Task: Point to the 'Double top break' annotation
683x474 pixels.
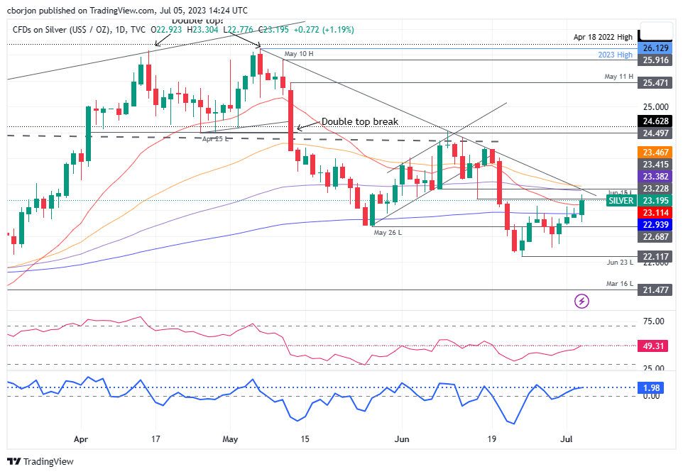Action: click(x=359, y=121)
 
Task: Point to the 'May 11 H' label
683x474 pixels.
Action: click(x=618, y=76)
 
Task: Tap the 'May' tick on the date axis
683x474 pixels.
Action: click(x=230, y=439)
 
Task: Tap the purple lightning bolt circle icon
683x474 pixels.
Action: click(x=581, y=301)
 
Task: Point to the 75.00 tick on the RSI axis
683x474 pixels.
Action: click(x=654, y=321)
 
